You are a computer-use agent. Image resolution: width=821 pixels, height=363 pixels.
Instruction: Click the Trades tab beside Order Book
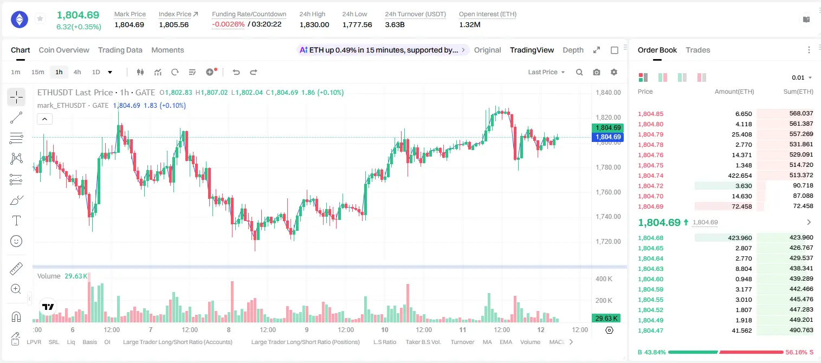point(698,50)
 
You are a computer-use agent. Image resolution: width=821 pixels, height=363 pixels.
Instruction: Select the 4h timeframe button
point(77,72)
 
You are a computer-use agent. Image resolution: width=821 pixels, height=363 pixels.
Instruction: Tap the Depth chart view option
point(573,50)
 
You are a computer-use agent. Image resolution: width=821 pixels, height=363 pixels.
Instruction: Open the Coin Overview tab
point(64,50)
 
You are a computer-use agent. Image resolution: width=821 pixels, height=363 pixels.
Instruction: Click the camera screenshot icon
point(597,72)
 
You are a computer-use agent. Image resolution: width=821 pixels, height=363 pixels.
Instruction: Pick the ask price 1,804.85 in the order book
point(651,114)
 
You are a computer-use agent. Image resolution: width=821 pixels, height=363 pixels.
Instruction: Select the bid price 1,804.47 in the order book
point(651,330)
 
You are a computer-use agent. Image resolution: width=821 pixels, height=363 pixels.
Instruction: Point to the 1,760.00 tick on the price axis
point(608,192)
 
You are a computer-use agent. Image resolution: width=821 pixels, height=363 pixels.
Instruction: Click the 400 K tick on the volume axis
point(604,279)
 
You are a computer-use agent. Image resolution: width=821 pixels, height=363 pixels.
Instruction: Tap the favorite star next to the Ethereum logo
point(40,18)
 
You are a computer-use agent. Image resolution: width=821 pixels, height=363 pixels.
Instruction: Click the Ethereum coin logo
point(20,20)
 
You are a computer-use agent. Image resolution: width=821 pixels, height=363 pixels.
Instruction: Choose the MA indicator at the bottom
point(487,342)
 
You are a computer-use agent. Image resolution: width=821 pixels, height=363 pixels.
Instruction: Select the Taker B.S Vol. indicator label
point(423,342)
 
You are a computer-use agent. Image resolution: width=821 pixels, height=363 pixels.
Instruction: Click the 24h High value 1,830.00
point(314,24)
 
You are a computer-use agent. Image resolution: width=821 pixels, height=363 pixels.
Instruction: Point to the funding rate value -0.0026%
point(228,24)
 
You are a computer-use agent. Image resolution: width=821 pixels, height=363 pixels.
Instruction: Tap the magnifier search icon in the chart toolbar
point(579,72)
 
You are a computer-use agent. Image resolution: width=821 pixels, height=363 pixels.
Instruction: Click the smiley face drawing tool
point(16,241)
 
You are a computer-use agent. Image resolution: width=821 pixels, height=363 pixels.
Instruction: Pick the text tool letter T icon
point(16,221)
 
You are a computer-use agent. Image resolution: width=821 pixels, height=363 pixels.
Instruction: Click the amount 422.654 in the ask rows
point(740,176)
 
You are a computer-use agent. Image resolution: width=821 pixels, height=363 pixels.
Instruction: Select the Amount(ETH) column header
point(734,92)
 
